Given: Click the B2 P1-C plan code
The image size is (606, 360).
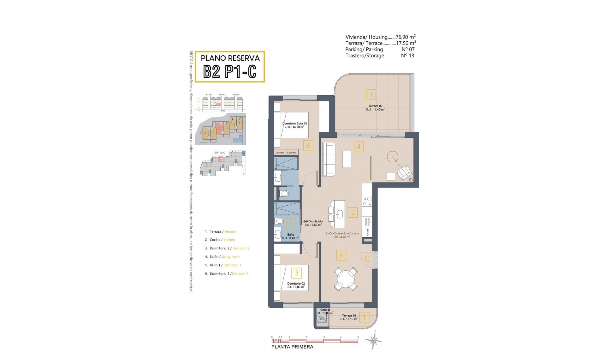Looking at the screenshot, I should point(229,72).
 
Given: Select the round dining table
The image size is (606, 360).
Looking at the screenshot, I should point(346,279).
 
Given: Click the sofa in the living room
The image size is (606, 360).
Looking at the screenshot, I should point(329,159).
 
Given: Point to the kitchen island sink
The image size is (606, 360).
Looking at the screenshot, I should point(340,214).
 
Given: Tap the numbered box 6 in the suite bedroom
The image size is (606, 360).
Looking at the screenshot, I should point(308,146).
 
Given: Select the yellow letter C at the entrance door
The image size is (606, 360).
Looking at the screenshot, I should point(367,259).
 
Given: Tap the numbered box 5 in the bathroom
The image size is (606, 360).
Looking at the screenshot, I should point(291,224).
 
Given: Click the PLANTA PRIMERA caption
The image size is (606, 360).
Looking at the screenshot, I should point(292,347).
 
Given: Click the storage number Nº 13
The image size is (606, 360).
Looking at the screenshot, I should point(407,56).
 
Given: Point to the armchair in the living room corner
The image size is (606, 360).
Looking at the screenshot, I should point(404,173).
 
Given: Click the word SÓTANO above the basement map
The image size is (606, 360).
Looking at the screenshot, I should point(220,153).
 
